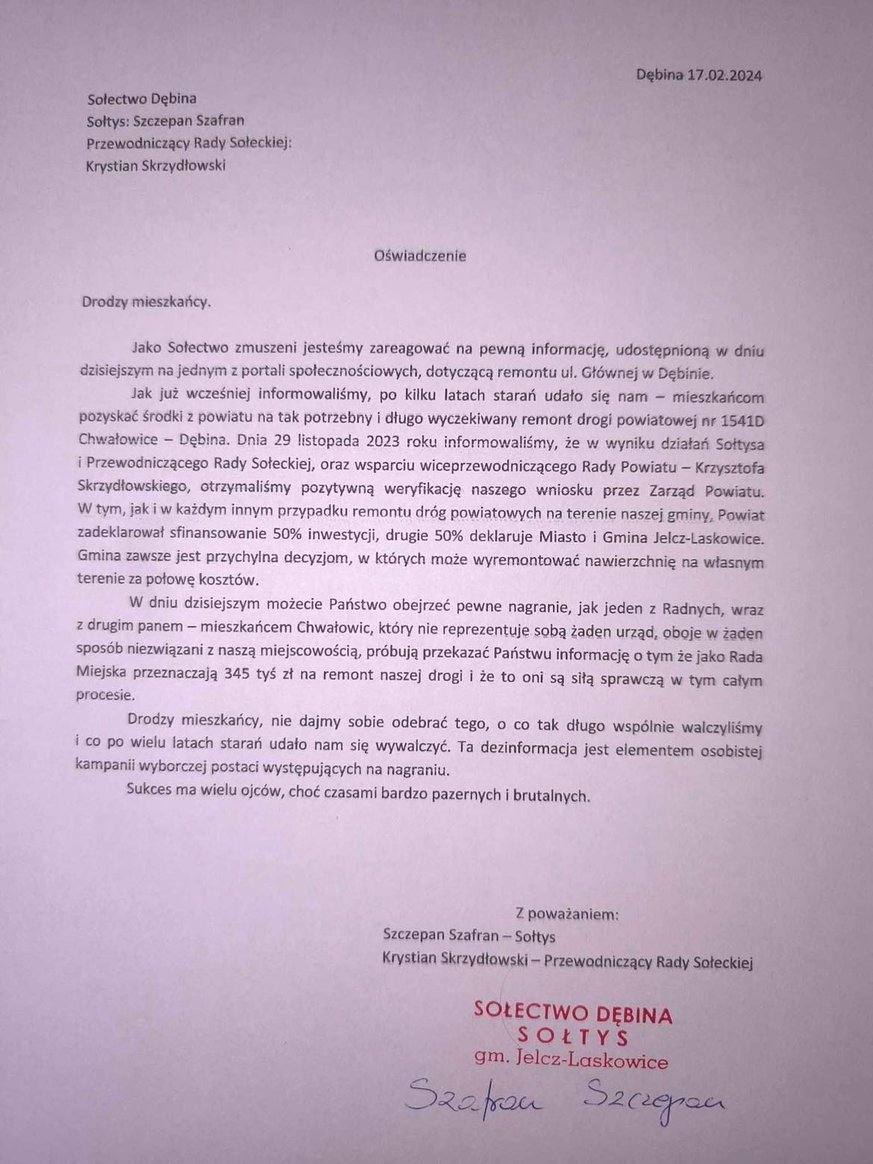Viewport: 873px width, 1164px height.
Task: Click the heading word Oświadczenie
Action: (420, 255)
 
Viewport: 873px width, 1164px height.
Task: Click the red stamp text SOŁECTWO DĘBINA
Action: (572, 1013)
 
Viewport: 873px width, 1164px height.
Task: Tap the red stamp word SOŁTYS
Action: (572, 1036)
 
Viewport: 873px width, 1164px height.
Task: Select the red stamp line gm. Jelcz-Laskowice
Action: (571, 1060)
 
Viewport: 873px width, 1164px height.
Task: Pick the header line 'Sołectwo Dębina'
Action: (142, 98)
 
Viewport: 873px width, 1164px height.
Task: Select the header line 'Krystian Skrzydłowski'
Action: (155, 166)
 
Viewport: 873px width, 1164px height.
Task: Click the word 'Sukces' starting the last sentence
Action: (148, 791)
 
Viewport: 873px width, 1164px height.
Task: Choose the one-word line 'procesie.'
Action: (106, 695)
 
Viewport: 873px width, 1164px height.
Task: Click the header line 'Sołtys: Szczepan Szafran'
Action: (165, 120)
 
